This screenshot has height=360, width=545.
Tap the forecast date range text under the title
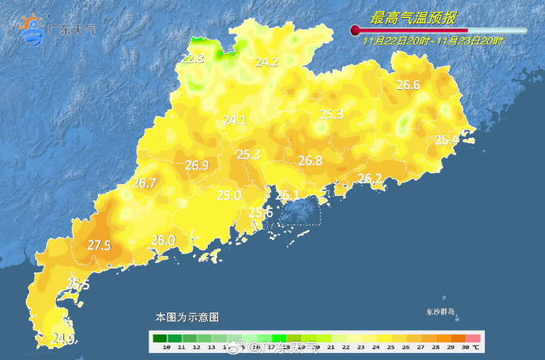[x=434, y=39]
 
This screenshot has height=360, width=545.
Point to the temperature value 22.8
[x=192, y=58]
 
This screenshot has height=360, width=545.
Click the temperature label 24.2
[x=267, y=62]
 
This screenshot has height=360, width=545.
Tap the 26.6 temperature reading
[x=408, y=85]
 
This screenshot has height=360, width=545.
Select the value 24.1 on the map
[x=235, y=120]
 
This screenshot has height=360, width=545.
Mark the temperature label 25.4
[x=446, y=140]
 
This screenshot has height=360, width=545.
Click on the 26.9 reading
[x=197, y=166]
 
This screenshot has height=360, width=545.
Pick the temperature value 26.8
[x=310, y=160]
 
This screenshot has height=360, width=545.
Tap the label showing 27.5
[x=99, y=246]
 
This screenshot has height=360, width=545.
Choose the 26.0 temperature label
[x=163, y=240]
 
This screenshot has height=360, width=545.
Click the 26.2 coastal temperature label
[x=370, y=178]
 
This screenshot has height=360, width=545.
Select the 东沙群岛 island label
[x=440, y=312]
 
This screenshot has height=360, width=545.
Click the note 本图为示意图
[x=186, y=317]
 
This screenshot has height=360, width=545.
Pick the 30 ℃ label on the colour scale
[x=470, y=347]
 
